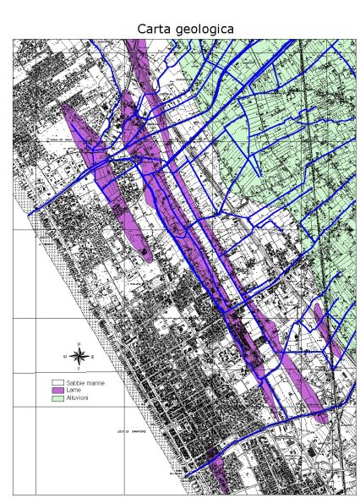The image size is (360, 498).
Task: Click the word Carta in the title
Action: coord(153,29)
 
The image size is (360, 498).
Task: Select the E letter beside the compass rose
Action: coord(92,356)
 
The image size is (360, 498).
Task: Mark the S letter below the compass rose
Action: coord(78,369)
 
